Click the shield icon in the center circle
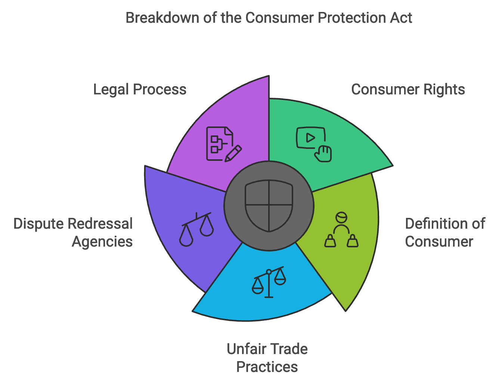[x=269, y=206]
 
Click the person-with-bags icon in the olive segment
[x=341, y=231]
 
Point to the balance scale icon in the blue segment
[x=269, y=282]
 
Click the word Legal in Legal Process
[x=111, y=90]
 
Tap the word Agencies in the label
[x=102, y=242]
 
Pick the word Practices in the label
[x=267, y=367]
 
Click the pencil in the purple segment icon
[x=233, y=153]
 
